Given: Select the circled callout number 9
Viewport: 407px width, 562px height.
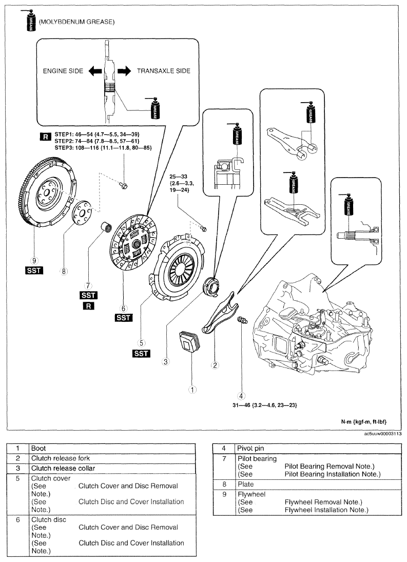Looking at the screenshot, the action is pos(34,261).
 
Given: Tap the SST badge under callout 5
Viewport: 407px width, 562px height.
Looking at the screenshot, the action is pos(141,354).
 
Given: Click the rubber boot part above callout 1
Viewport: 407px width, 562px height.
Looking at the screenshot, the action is pos(189,343).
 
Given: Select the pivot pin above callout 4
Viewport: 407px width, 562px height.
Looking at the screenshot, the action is pos(242,320).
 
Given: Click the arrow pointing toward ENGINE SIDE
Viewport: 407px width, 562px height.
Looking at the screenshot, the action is pos(95,71).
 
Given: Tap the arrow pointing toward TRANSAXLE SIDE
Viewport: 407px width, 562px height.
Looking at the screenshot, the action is pos(124,71).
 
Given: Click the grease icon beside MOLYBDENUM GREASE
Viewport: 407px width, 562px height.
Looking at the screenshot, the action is pos(30,21).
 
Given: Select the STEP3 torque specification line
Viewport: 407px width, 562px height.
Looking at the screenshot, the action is pos(103,148).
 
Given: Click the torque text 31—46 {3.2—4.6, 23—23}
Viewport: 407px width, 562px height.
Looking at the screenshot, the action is pos(265,405).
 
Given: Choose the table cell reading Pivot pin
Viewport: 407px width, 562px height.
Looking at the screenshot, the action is pos(250,449).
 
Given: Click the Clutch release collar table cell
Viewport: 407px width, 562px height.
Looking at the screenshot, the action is pos(63,468).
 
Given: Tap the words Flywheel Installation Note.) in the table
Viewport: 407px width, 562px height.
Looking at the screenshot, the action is pos(326,510).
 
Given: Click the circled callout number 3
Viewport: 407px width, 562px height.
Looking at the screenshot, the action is pos(165,362).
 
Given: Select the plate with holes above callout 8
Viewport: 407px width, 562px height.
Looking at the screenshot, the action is pos(82,213).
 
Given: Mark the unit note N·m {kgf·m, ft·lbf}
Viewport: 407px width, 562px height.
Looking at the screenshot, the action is pos(364,421).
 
